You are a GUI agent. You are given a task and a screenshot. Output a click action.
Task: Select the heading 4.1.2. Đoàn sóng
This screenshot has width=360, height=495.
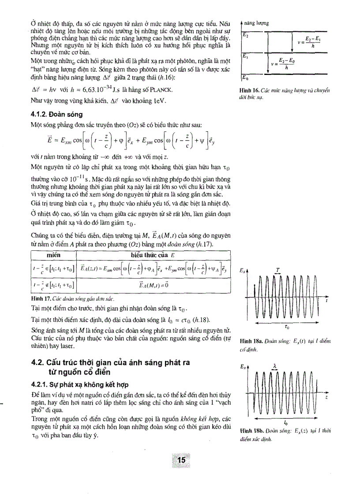[54, 113]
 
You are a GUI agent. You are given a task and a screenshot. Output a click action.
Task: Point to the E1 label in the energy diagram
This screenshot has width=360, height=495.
[245, 56]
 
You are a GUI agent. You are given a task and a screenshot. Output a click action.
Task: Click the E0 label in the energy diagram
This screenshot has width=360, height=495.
[246, 78]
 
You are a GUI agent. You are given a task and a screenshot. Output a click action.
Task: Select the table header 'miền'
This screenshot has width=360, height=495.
[53, 255]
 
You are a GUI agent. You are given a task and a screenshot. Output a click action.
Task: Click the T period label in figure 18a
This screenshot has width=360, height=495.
[277, 269]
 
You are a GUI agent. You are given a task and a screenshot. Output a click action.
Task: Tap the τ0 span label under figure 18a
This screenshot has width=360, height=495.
[287, 328]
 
